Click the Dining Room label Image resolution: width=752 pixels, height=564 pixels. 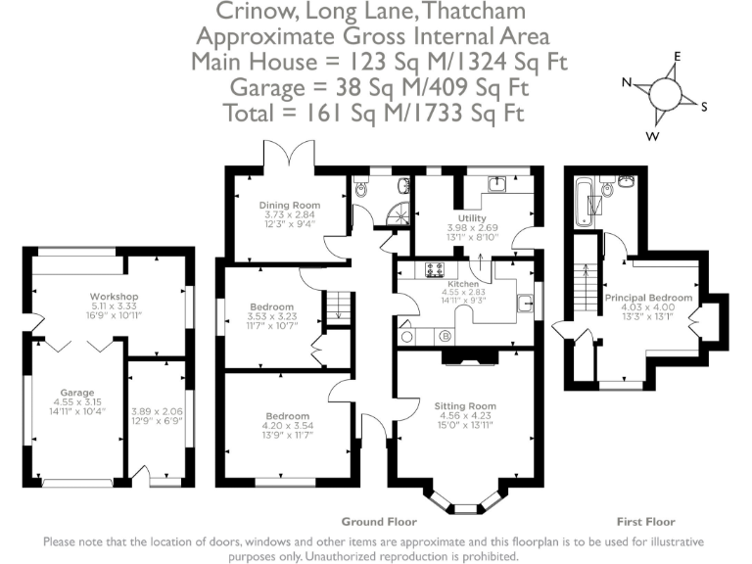(x=290, y=206)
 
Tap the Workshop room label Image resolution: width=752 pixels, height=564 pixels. (x=115, y=297)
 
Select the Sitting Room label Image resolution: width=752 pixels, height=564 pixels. (x=465, y=406)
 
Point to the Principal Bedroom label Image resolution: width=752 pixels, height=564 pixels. (x=648, y=298)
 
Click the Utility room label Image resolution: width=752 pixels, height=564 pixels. (x=472, y=218)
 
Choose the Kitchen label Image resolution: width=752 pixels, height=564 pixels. (x=463, y=284)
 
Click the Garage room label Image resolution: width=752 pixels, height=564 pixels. (x=77, y=393)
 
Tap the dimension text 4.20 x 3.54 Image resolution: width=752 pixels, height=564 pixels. (x=288, y=425)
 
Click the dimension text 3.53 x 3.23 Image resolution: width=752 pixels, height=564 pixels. (x=272, y=316)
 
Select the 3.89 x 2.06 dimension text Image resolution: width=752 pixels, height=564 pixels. (x=157, y=411)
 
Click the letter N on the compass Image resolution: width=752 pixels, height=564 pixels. (x=627, y=82)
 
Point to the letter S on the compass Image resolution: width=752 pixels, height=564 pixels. (x=704, y=107)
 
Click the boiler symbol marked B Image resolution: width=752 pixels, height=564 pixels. (x=446, y=337)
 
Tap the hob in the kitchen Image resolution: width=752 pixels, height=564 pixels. (x=435, y=270)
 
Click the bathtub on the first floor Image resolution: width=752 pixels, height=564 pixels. (x=584, y=202)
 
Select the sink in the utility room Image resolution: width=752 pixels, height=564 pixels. (x=496, y=184)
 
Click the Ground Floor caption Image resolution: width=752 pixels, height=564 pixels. (x=379, y=522)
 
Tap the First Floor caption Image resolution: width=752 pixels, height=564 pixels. (x=646, y=522)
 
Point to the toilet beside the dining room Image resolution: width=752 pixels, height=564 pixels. (x=361, y=189)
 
